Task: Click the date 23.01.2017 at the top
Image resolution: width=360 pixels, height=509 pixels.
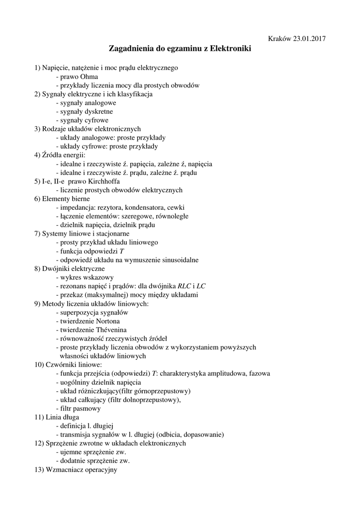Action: (309, 38)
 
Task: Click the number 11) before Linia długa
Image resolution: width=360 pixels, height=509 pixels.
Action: (39, 417)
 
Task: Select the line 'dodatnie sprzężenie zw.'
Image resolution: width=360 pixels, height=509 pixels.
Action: (91, 460)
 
